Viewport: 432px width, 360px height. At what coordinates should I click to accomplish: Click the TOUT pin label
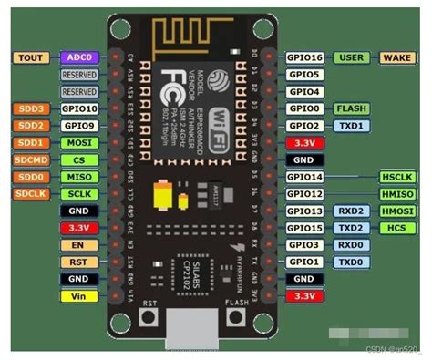(29, 57)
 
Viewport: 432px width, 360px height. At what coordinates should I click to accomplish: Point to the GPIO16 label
(305, 57)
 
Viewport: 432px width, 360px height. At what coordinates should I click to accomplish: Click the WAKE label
(397, 57)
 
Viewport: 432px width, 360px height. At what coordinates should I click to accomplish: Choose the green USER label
(352, 57)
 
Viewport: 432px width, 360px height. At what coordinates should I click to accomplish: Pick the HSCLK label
(397, 177)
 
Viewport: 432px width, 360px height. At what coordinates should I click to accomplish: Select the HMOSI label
(397, 211)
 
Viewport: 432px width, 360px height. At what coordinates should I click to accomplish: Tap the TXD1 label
(352, 126)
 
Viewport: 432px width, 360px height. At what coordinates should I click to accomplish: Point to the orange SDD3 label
(29, 108)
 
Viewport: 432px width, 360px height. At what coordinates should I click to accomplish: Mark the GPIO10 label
(79, 108)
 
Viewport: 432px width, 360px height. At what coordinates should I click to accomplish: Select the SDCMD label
(29, 160)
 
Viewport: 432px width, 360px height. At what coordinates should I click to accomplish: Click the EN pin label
(79, 245)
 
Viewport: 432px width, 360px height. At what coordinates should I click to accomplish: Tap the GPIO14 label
(305, 177)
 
